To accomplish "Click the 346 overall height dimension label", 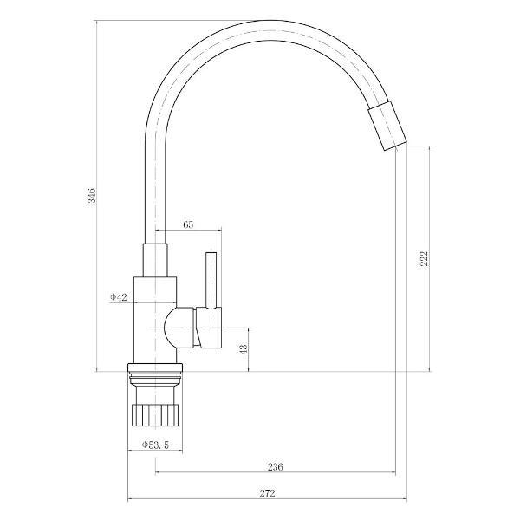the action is (x=92, y=195).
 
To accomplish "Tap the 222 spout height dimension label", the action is (x=424, y=258).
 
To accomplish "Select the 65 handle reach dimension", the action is (x=188, y=224).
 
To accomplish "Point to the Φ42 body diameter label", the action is (x=119, y=297).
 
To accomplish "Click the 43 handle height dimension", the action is (x=244, y=349).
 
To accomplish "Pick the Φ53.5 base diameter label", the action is (x=155, y=445).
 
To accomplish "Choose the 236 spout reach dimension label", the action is (x=276, y=467).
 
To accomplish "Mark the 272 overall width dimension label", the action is (x=267, y=493).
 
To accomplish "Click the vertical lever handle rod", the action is (x=211, y=281).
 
